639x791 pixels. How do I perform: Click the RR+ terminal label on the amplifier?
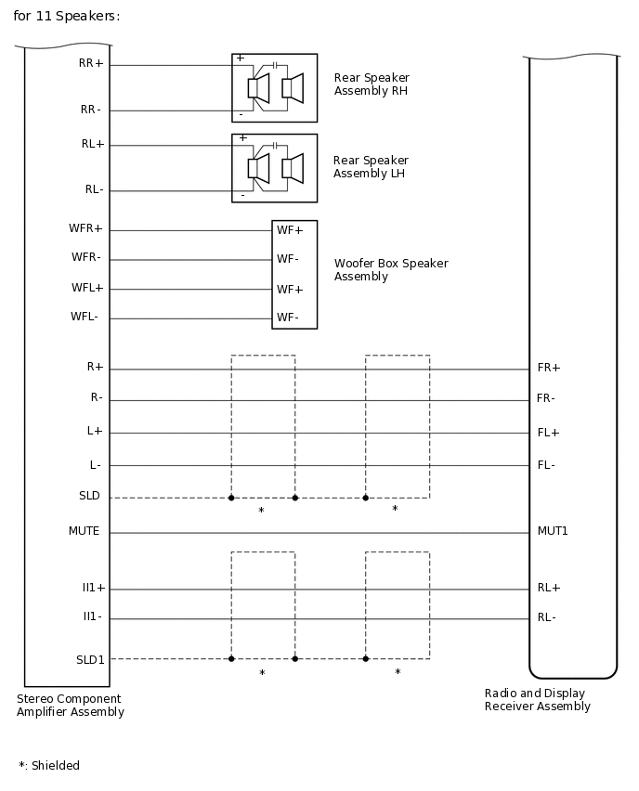(x=92, y=63)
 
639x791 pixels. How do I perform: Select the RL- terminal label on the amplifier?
(x=94, y=189)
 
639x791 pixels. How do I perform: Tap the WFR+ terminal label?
(x=86, y=228)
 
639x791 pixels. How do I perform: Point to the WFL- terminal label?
(x=85, y=318)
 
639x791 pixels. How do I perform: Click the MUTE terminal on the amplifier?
(x=84, y=531)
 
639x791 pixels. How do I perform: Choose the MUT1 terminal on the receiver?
(x=553, y=531)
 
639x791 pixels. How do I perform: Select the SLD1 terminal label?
(x=90, y=659)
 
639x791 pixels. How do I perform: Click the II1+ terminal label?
(x=94, y=588)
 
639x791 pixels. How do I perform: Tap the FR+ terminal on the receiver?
(x=549, y=368)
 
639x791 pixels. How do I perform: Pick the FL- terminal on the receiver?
(x=546, y=464)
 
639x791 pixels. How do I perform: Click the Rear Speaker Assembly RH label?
(x=372, y=84)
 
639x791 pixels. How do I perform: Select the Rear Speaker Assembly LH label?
(x=371, y=167)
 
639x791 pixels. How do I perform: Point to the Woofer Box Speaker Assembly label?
(x=391, y=270)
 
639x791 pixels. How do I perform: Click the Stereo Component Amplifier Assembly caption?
(x=71, y=706)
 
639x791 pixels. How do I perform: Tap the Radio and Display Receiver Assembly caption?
(x=538, y=700)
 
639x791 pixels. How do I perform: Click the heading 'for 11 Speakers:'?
(x=67, y=17)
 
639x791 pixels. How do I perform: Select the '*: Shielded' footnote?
(x=49, y=766)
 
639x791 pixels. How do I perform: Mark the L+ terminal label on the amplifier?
(x=95, y=432)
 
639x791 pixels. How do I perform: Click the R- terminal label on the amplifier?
(x=97, y=398)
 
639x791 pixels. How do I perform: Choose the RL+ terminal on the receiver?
(x=549, y=588)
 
